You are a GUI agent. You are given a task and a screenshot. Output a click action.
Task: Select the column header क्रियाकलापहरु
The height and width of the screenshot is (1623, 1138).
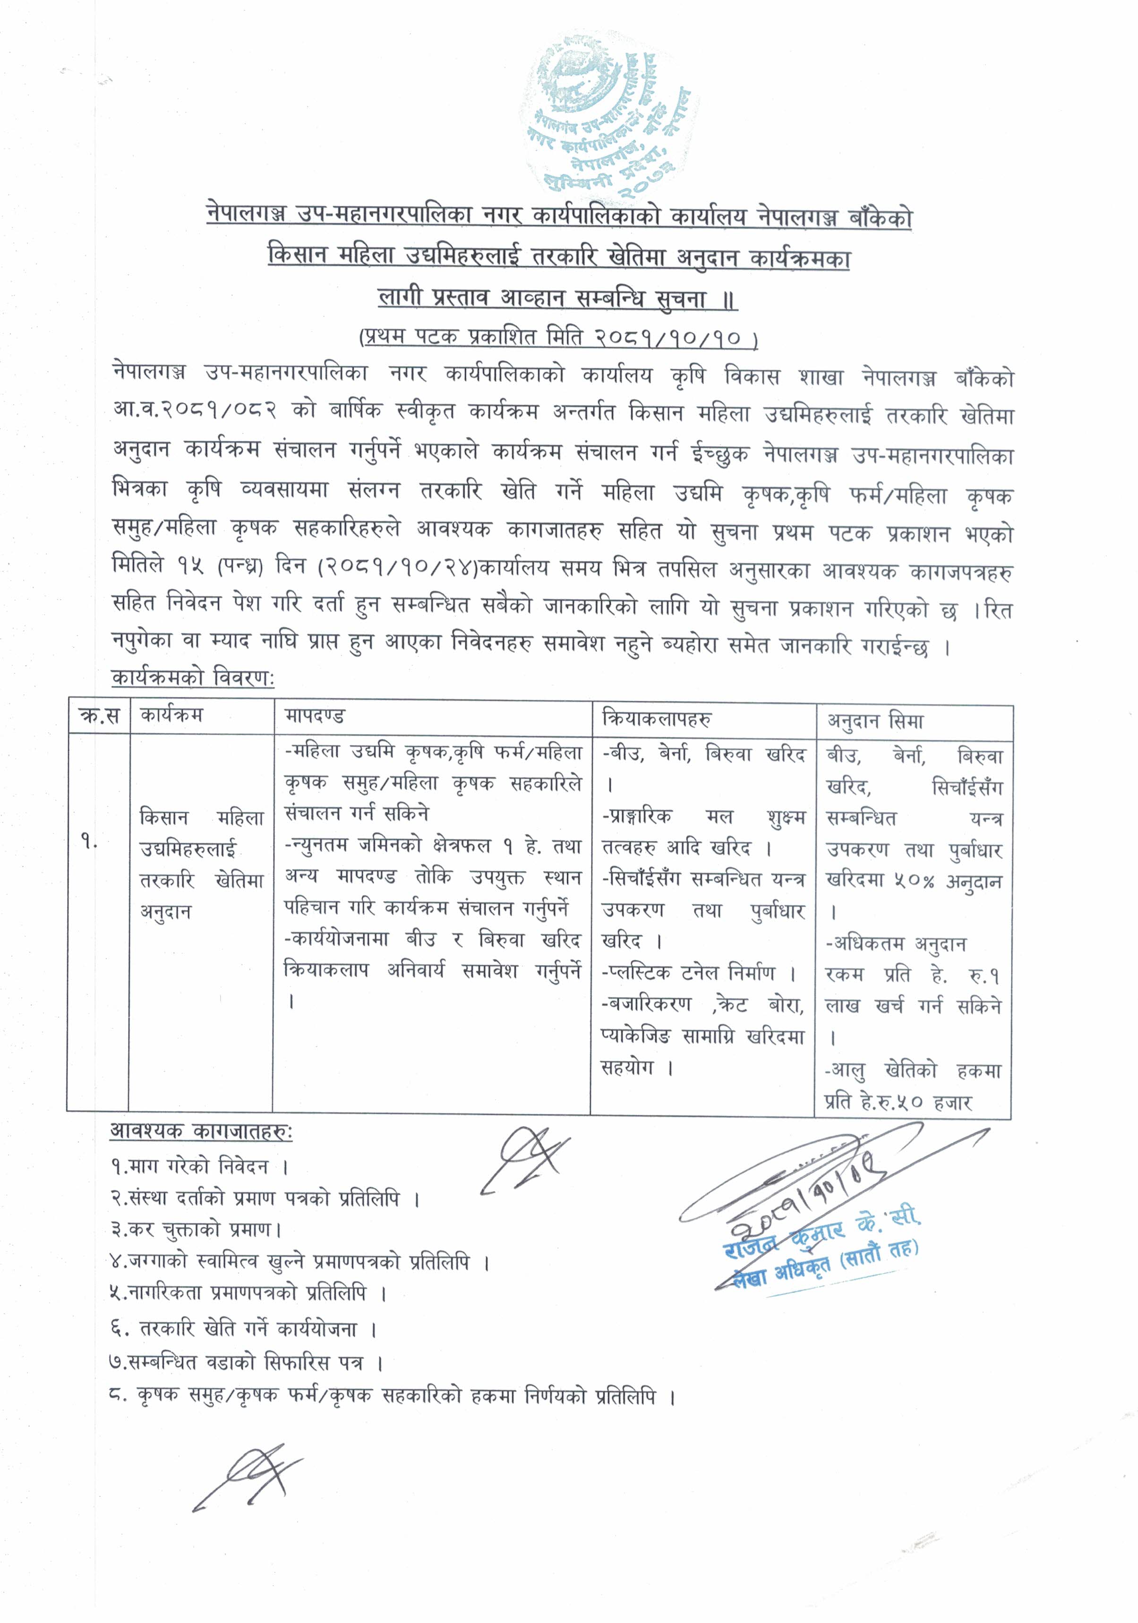656,719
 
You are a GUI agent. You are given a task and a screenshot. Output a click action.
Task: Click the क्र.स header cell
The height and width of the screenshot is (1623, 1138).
100,716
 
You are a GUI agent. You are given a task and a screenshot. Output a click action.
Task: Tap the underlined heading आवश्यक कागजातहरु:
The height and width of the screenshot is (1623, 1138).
201,1132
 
